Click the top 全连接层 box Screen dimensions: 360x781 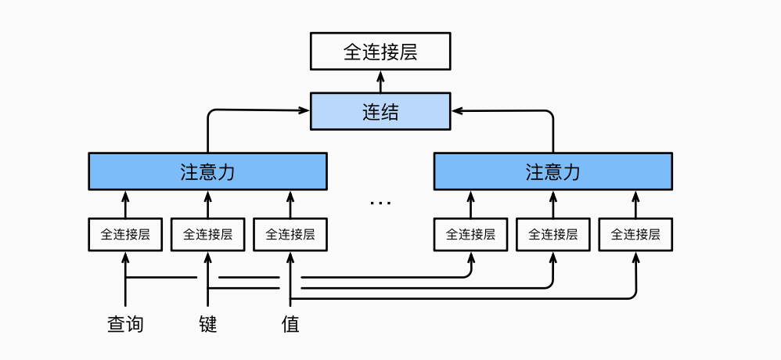(380, 52)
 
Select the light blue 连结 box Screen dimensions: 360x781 (380, 111)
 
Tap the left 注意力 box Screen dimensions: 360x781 (207, 171)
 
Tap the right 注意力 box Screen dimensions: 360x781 (552, 171)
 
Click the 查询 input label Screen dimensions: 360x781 (125, 323)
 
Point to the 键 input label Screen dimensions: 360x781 (207, 323)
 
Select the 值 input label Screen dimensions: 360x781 (290, 323)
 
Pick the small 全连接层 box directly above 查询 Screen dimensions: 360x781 (125, 234)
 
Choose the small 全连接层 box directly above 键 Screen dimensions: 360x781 (207, 234)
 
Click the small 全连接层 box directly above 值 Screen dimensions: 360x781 (290, 234)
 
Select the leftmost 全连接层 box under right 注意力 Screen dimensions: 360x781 (470, 234)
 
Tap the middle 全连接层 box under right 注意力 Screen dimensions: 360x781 (553, 234)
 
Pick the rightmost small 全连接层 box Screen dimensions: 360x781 (635, 234)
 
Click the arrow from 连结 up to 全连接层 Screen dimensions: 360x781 (380, 81)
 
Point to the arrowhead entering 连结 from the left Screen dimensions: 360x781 (306, 111)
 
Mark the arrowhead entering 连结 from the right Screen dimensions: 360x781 (455, 111)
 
